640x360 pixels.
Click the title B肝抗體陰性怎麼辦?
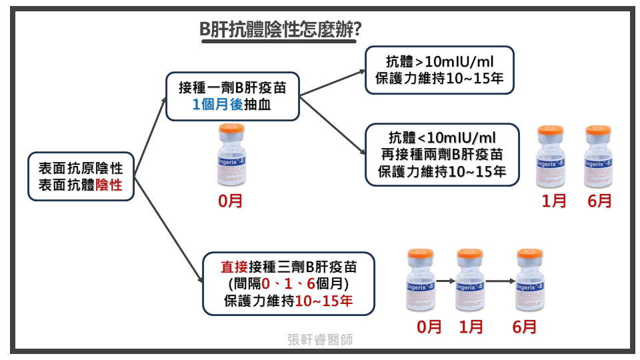coord(281,30)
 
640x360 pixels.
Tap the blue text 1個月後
coord(217,105)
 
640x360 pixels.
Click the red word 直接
coord(233,267)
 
